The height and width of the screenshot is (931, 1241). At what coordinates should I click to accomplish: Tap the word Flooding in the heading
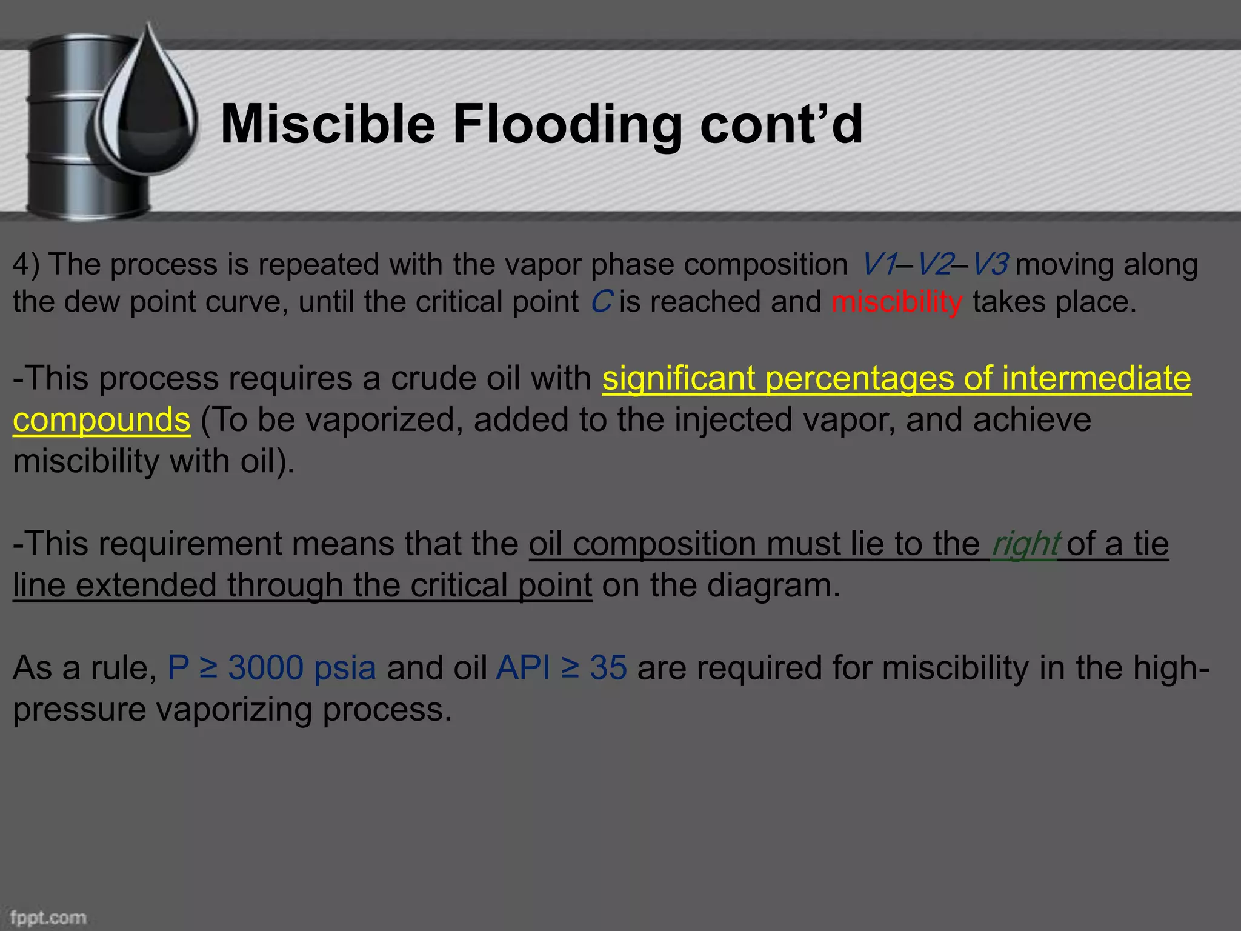(x=567, y=125)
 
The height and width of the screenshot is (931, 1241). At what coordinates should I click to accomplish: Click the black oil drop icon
(x=148, y=109)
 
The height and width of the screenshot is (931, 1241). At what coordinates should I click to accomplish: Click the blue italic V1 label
(x=879, y=264)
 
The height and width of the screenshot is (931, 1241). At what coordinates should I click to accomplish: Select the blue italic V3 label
(x=990, y=264)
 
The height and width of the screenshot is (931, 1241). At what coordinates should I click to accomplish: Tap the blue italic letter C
(x=601, y=301)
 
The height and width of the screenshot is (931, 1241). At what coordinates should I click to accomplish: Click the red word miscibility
(x=896, y=301)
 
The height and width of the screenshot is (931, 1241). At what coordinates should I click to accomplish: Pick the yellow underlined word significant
(x=678, y=378)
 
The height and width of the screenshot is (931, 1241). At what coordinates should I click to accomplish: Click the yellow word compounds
(x=102, y=419)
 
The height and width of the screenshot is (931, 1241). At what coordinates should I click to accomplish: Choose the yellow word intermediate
(x=1097, y=378)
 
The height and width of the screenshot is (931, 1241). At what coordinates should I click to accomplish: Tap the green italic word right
(x=1025, y=543)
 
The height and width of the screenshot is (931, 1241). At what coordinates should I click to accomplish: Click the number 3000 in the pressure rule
(x=266, y=667)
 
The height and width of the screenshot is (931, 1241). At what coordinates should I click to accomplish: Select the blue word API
(x=523, y=667)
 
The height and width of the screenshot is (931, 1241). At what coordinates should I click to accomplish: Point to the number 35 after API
(x=608, y=667)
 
